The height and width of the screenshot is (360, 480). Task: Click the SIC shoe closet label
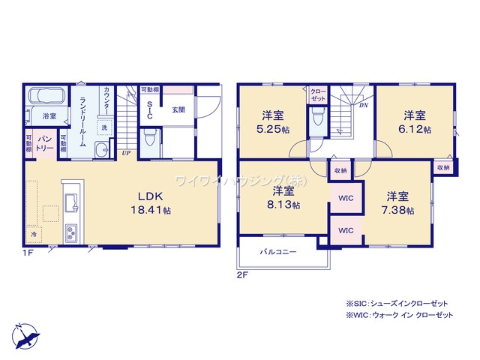149,109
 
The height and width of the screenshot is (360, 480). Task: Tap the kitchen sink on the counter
70,202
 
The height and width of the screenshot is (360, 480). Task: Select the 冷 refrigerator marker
34,235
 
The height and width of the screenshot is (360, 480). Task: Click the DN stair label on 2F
363,106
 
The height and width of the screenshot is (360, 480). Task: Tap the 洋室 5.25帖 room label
272,121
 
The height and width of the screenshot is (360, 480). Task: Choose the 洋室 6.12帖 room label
415,121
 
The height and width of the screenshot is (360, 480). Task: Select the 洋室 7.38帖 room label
399,203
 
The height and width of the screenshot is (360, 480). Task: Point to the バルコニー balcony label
278,252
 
